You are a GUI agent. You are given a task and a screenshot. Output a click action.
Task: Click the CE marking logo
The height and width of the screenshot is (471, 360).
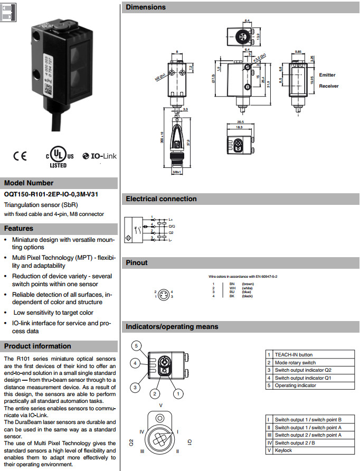(x=20, y=156)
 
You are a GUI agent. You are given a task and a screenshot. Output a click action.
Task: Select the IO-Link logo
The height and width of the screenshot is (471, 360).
(x=100, y=156)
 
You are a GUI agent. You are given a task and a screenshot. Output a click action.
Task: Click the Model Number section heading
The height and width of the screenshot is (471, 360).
(x=29, y=183)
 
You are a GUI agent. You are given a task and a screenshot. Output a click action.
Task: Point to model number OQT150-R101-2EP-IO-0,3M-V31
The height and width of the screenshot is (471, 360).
(x=51, y=194)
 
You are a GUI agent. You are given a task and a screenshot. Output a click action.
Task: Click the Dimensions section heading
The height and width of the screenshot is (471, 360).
(x=146, y=7)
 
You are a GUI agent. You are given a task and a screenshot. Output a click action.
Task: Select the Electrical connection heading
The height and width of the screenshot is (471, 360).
(x=161, y=199)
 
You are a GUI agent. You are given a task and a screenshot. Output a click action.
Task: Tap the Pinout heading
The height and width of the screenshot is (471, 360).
(x=137, y=262)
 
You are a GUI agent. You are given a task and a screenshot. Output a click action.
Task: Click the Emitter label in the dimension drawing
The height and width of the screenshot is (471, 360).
(x=327, y=75)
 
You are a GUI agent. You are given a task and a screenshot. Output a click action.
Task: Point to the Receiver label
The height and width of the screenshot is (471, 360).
(x=328, y=86)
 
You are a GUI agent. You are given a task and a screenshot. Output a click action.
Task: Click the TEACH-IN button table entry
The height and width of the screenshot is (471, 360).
(x=293, y=355)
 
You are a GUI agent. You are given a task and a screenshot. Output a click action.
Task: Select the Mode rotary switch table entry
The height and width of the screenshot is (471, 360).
(x=295, y=362)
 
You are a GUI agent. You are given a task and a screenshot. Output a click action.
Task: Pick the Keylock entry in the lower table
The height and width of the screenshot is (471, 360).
(x=283, y=450)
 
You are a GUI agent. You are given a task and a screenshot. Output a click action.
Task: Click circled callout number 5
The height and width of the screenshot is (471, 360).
(x=136, y=346)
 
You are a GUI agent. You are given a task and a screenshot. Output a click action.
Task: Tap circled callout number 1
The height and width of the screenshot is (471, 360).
(x=178, y=393)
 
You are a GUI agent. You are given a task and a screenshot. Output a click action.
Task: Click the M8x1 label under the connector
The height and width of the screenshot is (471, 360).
(x=178, y=172)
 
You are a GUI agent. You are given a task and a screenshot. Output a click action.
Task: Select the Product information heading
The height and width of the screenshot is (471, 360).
(x=37, y=346)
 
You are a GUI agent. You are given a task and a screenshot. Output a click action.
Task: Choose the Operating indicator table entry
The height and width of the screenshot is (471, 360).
(x=296, y=385)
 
